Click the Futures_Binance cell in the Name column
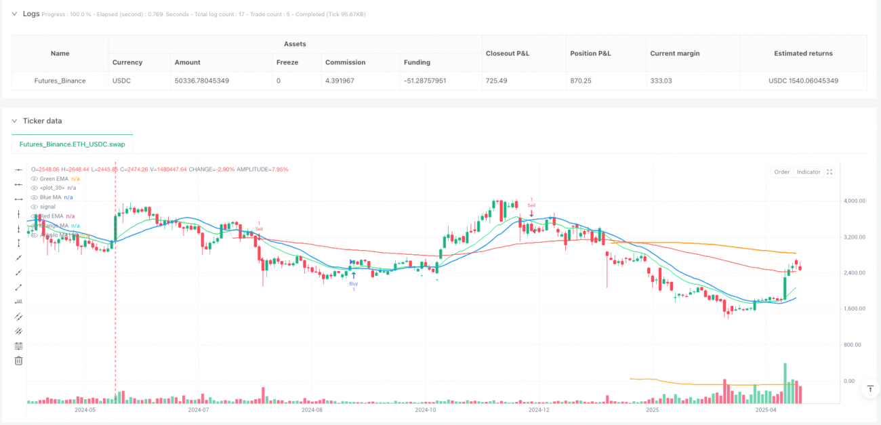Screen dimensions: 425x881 (60, 81)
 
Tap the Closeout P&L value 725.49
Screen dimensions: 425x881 (498, 81)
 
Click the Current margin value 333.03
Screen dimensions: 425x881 (664, 81)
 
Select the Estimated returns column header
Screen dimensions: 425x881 (803, 53)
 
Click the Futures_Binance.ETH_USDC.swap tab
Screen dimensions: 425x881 (73, 144)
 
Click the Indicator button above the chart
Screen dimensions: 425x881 (808, 172)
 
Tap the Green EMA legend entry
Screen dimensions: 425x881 (54, 178)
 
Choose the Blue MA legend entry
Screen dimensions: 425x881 (51, 197)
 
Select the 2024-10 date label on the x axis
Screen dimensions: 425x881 (426, 409)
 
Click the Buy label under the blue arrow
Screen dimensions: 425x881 (353, 283)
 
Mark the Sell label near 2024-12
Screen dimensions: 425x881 (531, 205)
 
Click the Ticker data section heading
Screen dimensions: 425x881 (43, 121)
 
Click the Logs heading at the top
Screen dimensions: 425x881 (31, 14)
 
